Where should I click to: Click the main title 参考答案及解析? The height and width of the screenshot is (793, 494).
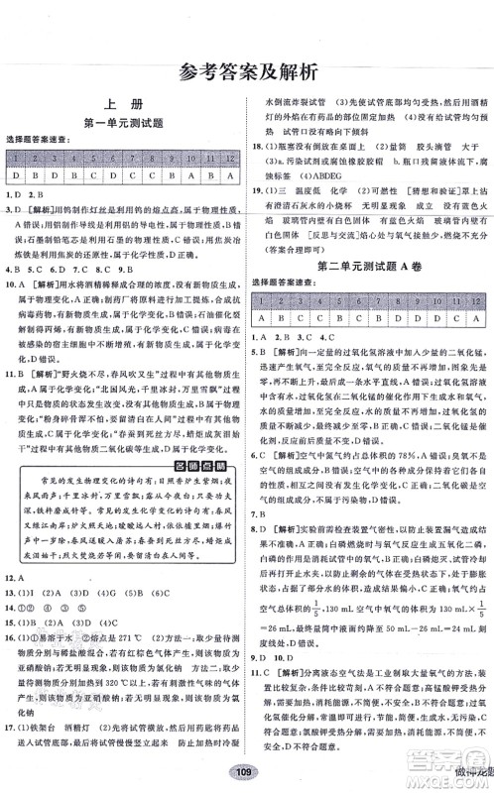click(246, 71)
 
